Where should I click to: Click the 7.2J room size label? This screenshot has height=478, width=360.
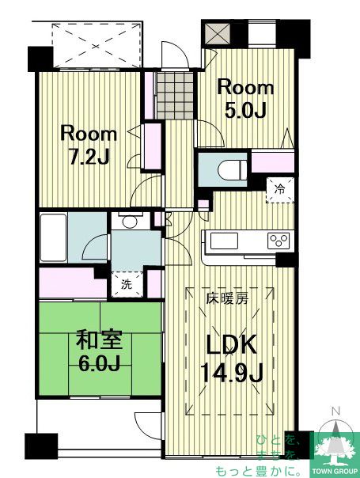click(x=89, y=157)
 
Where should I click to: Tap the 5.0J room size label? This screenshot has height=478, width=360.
click(x=246, y=111)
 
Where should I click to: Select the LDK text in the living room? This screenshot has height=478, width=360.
click(x=231, y=344)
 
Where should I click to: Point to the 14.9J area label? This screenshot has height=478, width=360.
click(x=232, y=373)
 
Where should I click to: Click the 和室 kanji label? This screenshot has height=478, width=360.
click(x=99, y=340)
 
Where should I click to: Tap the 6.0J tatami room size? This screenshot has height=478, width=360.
click(x=99, y=363)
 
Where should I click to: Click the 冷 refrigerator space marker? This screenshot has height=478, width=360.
click(x=279, y=189)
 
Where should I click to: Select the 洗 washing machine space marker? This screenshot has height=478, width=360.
click(x=127, y=285)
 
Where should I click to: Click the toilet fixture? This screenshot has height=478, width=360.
click(x=233, y=169)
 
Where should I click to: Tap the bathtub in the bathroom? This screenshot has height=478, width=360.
click(x=53, y=237)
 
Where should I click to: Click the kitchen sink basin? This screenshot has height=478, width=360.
click(x=224, y=241)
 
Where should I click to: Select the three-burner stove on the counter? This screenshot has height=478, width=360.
click(x=279, y=241)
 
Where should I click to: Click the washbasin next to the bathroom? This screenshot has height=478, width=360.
click(x=130, y=222)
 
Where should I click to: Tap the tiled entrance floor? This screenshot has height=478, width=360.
click(x=176, y=96)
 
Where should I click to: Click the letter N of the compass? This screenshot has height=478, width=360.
click(x=336, y=412)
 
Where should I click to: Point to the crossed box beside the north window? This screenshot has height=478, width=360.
click(x=217, y=33)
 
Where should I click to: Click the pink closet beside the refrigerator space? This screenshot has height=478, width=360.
click(x=272, y=161)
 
